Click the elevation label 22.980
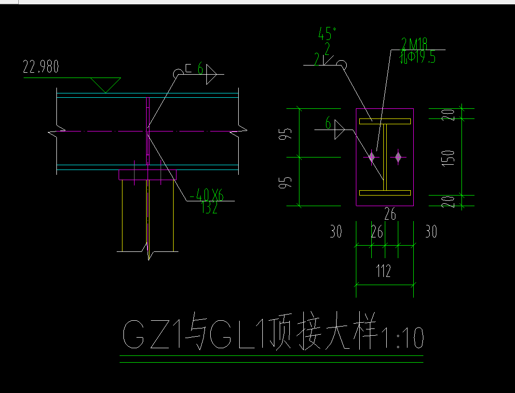pos(41,67)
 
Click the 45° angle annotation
pos(327,34)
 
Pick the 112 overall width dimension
pos(383,271)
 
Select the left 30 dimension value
pos(336,232)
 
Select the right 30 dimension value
pos(431,232)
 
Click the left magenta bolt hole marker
pos(372,157)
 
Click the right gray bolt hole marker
pos(398,157)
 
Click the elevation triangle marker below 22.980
pos(105,85)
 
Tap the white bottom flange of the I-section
pos(385,193)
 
